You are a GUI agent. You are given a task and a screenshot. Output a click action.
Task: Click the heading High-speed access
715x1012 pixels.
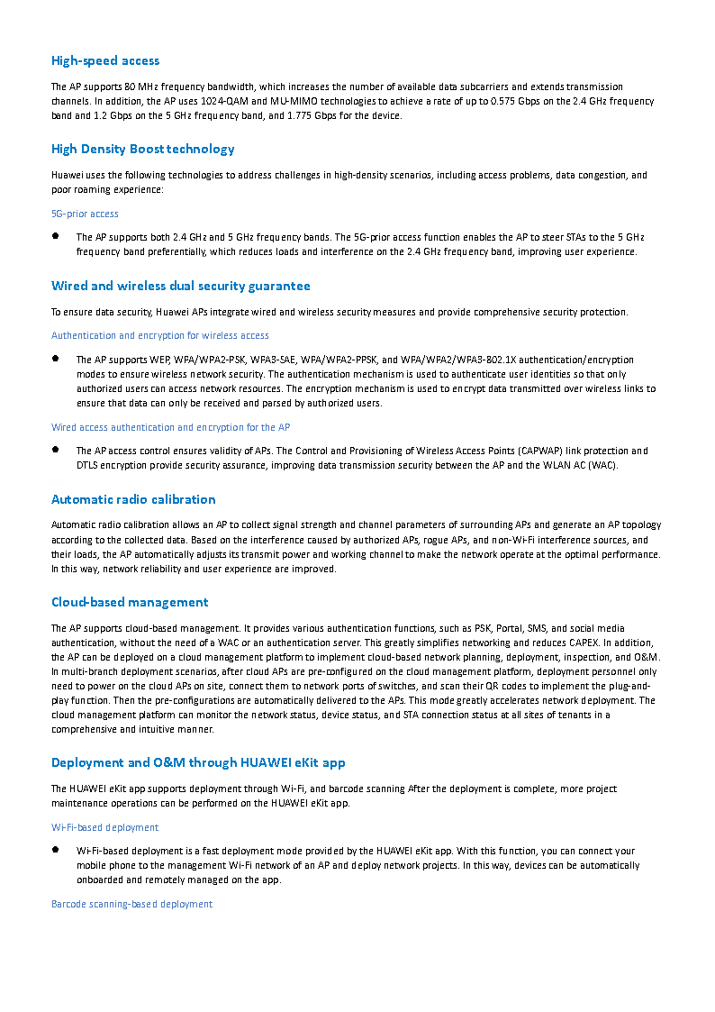(x=105, y=60)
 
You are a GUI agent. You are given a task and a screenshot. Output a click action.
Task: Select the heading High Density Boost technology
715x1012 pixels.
(x=142, y=149)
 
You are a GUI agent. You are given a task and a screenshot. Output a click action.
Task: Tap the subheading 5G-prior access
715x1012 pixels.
(x=85, y=214)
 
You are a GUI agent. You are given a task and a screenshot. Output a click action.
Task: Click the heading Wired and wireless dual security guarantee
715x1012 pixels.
(x=180, y=286)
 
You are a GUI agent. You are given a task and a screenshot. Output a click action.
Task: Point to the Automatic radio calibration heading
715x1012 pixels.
(x=133, y=499)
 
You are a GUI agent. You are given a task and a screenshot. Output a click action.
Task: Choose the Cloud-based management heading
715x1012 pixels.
(x=130, y=602)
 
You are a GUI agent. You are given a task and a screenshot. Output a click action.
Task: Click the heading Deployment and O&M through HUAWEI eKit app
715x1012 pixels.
(x=198, y=762)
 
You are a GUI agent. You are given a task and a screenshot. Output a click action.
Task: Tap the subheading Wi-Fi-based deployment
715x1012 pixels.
(x=104, y=827)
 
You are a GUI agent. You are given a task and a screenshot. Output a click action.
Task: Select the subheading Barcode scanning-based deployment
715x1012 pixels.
(x=131, y=904)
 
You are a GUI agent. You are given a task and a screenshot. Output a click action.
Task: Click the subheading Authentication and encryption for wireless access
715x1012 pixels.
(x=159, y=335)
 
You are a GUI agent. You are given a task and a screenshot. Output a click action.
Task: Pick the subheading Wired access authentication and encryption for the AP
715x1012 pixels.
(x=170, y=427)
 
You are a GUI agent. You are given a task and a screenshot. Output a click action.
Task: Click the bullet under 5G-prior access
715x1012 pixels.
(x=56, y=236)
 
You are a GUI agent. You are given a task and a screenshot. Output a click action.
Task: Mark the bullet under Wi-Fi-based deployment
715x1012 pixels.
(x=56, y=849)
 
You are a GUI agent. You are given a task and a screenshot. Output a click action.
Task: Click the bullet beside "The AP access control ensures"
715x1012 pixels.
(x=56, y=449)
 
